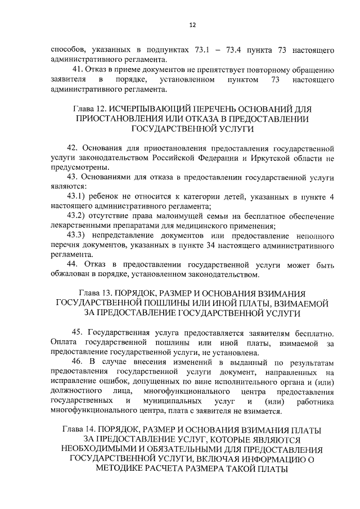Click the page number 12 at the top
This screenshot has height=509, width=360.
(x=192, y=25)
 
